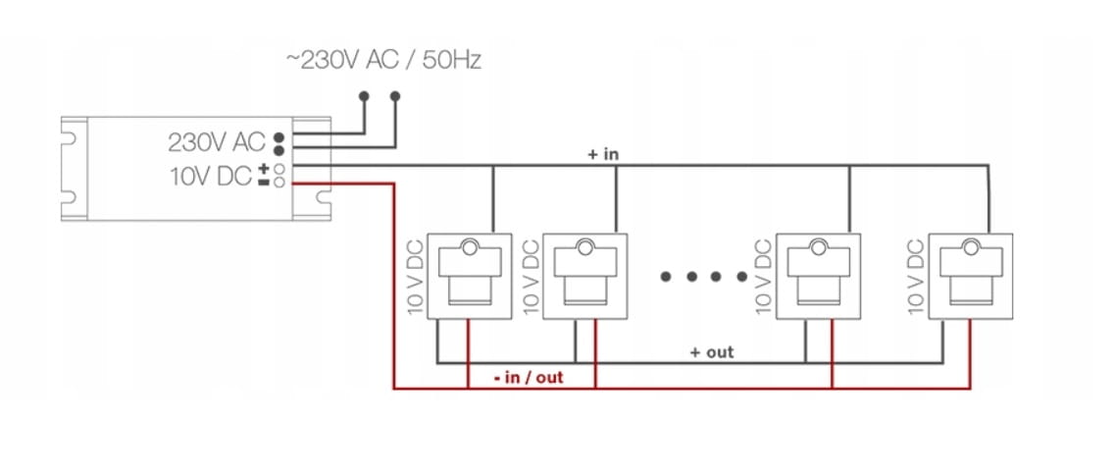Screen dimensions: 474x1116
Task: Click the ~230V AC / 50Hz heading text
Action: (x=383, y=61)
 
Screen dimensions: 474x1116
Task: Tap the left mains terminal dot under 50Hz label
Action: (x=364, y=96)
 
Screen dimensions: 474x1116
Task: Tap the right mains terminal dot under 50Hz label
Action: (x=396, y=96)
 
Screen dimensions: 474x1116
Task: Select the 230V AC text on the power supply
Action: (x=217, y=142)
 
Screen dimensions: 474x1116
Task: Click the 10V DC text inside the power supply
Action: (x=210, y=176)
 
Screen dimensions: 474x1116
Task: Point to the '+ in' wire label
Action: (x=603, y=154)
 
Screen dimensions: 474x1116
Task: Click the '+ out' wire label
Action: (x=712, y=351)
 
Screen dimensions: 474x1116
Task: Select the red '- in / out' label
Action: (x=530, y=377)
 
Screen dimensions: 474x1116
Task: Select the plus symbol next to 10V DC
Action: (x=263, y=170)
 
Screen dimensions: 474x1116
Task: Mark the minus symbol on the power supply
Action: (x=263, y=182)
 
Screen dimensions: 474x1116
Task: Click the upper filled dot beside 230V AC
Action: (x=279, y=136)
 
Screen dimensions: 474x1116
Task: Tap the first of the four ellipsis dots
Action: (x=666, y=277)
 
